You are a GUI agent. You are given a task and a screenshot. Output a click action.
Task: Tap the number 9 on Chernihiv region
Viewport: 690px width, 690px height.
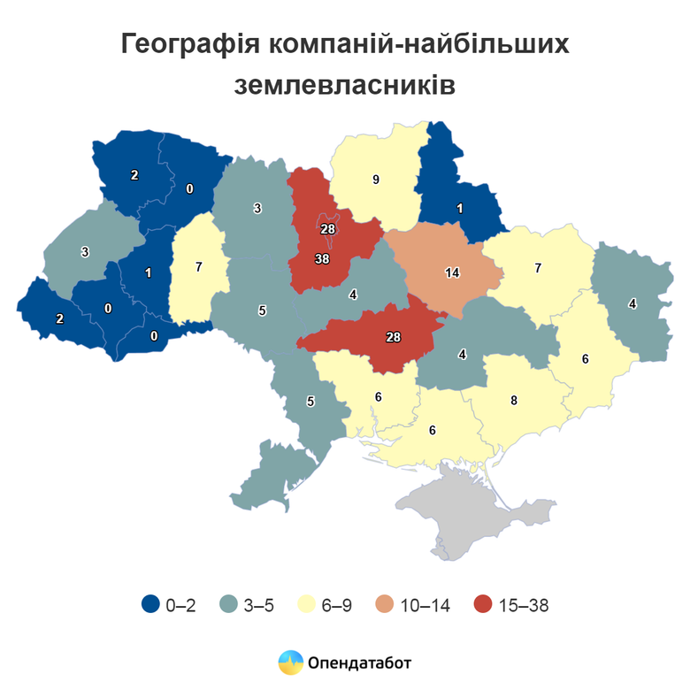(376, 180)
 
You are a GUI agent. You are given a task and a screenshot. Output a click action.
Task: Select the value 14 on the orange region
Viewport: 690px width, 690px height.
(452, 272)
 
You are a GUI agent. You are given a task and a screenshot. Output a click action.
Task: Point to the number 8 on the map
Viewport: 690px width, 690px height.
(514, 400)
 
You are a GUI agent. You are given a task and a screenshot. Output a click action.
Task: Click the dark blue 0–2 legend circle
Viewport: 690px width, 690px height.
(150, 605)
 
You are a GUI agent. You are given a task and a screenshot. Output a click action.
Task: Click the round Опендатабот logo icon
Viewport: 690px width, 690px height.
(290, 662)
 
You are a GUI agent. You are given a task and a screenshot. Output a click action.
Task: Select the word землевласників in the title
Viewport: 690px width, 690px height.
(345, 86)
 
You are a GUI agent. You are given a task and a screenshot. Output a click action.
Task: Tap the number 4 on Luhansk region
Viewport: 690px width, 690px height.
(632, 303)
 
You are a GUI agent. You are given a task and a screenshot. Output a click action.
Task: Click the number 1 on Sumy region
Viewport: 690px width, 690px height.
(460, 208)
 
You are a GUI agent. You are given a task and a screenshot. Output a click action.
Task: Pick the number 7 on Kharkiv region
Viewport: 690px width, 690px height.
(537, 267)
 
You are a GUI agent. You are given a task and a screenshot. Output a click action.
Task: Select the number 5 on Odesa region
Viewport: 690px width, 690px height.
(310, 402)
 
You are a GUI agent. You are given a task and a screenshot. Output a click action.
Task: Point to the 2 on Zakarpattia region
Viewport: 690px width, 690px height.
(60, 318)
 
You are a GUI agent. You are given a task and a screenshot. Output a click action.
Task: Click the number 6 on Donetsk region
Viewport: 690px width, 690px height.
(585, 358)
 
